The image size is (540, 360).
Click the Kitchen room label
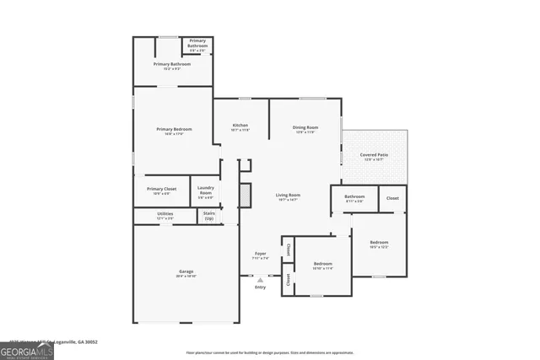point(240,126)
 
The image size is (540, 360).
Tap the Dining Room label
point(305,128)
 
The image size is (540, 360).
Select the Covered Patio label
point(374,156)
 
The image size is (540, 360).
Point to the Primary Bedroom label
point(174,130)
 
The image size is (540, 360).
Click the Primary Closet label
point(161,190)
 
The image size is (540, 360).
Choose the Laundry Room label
point(205,191)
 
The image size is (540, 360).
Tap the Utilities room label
point(165,215)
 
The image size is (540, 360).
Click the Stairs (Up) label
point(208,216)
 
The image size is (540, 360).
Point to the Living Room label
point(288,196)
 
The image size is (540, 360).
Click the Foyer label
point(261,255)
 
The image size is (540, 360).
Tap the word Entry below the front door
point(260,287)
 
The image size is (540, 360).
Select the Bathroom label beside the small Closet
point(354,198)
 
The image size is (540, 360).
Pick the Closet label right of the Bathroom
point(392,197)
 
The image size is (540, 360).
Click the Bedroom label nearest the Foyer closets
point(323,265)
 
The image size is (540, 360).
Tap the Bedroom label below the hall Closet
point(379,244)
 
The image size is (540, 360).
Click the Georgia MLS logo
point(27,351)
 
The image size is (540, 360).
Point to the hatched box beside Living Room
point(246,195)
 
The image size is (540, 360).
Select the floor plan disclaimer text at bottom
point(270,352)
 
